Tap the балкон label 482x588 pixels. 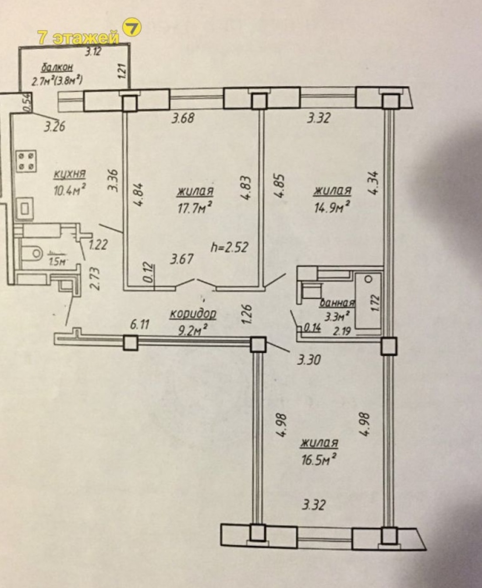pos(57,67)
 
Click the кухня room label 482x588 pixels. pos(69,174)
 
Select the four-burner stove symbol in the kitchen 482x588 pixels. pos(26,161)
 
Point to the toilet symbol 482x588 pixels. pos(32,253)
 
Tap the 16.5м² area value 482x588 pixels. pos(319,459)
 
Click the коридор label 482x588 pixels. pos(193,314)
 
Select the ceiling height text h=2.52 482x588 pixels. pos(230,247)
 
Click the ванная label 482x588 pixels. pos(337,303)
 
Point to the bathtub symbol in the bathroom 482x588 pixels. pos(367,301)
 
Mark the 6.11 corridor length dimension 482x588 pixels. pos(140,325)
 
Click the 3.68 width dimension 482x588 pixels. pos(182,118)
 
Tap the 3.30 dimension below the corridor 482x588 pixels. pos(309,360)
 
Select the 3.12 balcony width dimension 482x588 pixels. pos(93,52)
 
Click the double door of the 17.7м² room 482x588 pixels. pos(196,283)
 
